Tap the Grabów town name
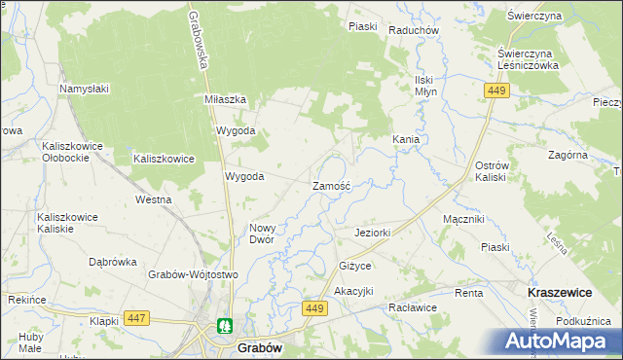click(260, 346)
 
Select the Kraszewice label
click(563, 291)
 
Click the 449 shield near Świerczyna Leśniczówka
click(496, 90)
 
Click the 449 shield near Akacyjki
click(313, 308)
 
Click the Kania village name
click(406, 140)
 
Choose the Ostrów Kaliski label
click(493, 171)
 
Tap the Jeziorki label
click(373, 234)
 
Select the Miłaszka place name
click(225, 100)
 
